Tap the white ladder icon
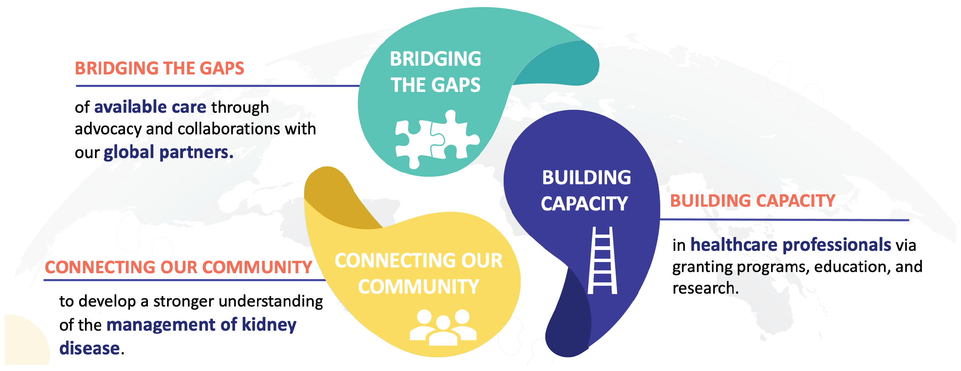602,260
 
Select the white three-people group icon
443,327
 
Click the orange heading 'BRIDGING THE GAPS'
159,69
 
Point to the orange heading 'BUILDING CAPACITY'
752,201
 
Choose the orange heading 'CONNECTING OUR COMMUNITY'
178,267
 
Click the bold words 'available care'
150,107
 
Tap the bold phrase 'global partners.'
168,152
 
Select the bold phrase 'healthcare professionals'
791,245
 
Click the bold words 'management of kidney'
202,325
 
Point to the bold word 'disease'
90,348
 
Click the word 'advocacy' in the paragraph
108,129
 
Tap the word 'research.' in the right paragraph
705,288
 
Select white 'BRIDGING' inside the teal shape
435,59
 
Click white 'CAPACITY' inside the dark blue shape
584,204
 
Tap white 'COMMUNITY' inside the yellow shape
418,287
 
